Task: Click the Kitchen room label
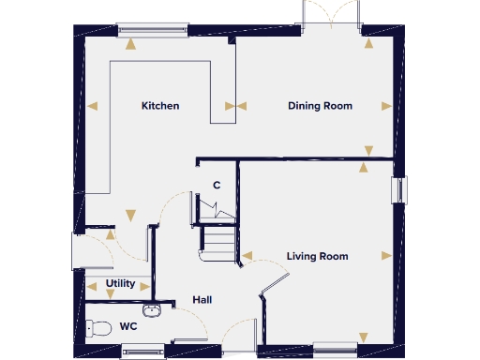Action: (160, 106)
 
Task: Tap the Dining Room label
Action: (320, 106)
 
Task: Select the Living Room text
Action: (318, 256)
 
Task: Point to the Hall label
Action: (202, 300)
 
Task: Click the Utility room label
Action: (120, 283)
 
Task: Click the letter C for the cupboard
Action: (217, 185)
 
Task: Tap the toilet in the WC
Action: (94, 328)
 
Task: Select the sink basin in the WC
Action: (151, 308)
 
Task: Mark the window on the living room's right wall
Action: (401, 187)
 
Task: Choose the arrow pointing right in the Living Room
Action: (385, 255)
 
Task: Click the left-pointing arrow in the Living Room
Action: (247, 254)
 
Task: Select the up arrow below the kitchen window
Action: (131, 41)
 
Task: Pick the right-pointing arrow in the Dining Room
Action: (386, 105)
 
